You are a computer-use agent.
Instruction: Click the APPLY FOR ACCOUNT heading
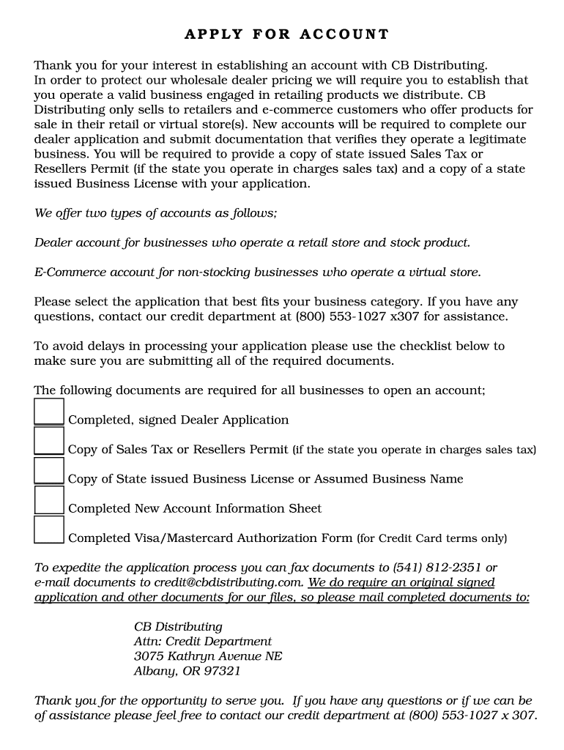(286, 34)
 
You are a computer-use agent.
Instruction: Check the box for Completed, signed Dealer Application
(49, 412)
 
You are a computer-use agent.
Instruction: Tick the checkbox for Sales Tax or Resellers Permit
(49, 441)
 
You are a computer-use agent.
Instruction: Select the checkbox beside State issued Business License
(49, 470)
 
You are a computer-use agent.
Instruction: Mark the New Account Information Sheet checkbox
(49, 500)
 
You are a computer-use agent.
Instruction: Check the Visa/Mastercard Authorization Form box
(49, 530)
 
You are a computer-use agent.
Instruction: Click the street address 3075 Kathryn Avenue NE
(208, 656)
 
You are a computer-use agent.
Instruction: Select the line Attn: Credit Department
(202, 642)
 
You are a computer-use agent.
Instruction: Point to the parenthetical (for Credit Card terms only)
(431, 538)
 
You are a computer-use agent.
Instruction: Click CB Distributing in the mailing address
(178, 627)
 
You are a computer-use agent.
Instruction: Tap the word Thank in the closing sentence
(53, 701)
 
